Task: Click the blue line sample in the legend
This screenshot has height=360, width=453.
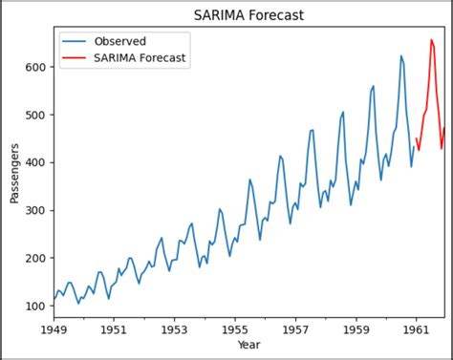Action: tap(77, 41)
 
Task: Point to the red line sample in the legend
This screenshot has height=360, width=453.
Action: tap(77, 58)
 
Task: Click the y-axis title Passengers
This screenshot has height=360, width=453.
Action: tap(14, 173)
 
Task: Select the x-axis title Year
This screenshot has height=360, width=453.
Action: tap(248, 345)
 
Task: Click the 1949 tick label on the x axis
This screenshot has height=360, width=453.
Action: tap(54, 328)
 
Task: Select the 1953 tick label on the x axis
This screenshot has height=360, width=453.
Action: tap(174, 328)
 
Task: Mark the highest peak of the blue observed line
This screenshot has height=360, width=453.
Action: tap(400, 55)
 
